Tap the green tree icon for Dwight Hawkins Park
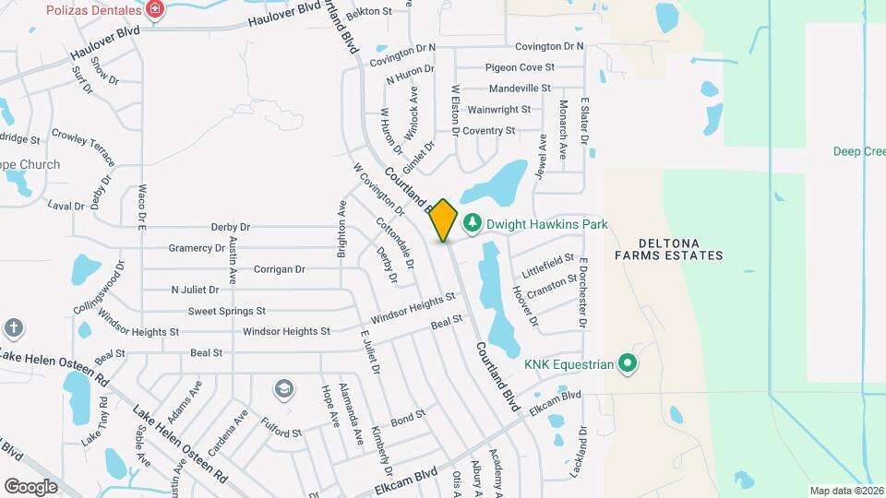tap(473, 223)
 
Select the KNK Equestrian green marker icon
tap(628, 364)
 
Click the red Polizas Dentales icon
tap(155, 11)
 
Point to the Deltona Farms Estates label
tap(668, 247)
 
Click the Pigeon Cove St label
tap(521, 67)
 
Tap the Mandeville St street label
tap(520, 89)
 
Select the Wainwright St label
tap(499, 110)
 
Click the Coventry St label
tap(488, 131)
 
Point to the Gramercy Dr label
tap(197, 248)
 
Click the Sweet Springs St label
tap(227, 312)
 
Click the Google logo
tap(30, 486)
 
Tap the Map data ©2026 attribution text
tap(845, 491)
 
